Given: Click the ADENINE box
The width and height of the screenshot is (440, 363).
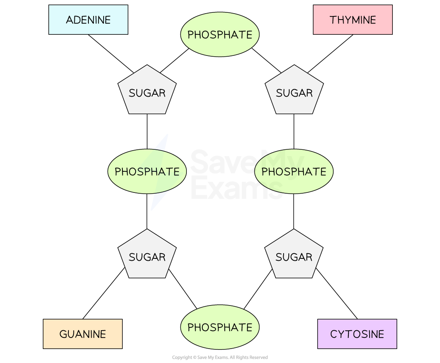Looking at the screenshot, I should pos(88,20).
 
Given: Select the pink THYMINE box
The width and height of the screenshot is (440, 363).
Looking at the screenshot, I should pos(352,20).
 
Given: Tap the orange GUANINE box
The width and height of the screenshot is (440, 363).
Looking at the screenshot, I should pos(82,334).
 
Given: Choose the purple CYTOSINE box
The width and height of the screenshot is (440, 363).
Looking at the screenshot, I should pos(357,334).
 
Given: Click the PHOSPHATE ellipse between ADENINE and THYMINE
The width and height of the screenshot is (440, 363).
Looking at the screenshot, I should pos(220,35).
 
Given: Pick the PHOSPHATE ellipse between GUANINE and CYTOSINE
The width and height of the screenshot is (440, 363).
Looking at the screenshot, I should pos(220,327).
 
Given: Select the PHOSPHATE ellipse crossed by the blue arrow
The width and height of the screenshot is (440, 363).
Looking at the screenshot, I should pos(147,171).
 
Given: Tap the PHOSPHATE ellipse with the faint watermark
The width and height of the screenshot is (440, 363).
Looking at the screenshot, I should pos(294,171).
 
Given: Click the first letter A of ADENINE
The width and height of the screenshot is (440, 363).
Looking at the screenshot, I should pos(69,20).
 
